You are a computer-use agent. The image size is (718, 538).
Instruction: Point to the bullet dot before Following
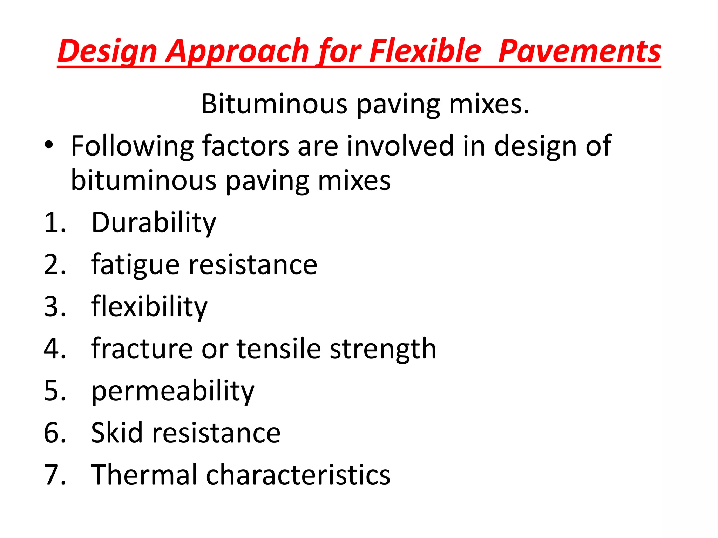coord(49,145)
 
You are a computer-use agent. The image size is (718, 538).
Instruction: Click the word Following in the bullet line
coord(132,146)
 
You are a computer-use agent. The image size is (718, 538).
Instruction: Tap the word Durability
coord(154,223)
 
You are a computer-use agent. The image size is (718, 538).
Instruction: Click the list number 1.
coord(54,223)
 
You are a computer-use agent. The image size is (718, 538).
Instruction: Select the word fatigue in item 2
coord(135,265)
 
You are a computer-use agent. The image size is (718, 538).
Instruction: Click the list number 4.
coord(54,349)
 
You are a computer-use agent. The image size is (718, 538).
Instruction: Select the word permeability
coord(172,391)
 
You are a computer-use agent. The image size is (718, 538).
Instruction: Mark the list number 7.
coord(54,475)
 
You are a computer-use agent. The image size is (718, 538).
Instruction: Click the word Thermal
coord(144,475)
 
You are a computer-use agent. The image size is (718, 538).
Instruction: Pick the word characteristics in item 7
coord(298,475)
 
